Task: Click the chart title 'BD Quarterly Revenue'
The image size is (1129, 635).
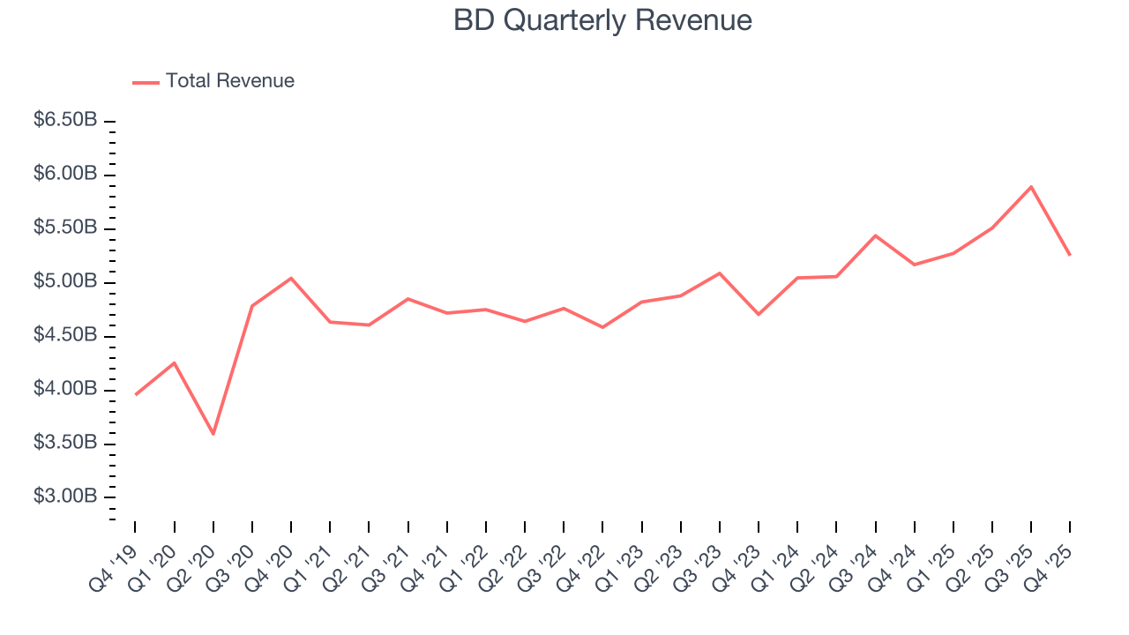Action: pyautogui.click(x=602, y=20)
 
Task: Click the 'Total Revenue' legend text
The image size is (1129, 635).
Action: pyautogui.click(x=229, y=81)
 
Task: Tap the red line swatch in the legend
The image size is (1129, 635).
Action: pyautogui.click(x=146, y=82)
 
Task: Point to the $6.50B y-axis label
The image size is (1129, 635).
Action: pyautogui.click(x=65, y=120)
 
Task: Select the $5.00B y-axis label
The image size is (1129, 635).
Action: pyautogui.click(x=65, y=281)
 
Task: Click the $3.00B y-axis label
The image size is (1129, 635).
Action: pyautogui.click(x=65, y=497)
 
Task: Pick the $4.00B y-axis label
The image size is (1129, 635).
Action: pyautogui.click(x=65, y=389)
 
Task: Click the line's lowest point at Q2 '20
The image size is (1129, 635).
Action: pyautogui.click(x=213, y=434)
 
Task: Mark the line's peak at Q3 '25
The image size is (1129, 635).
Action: pyautogui.click(x=1031, y=186)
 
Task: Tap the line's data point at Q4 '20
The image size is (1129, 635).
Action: pyautogui.click(x=291, y=278)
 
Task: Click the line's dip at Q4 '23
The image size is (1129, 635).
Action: pyautogui.click(x=759, y=314)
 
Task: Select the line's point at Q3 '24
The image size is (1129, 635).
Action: pyautogui.click(x=875, y=235)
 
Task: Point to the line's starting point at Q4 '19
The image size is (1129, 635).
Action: pyautogui.click(x=135, y=394)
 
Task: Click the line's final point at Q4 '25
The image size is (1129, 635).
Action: pyautogui.click(x=1070, y=255)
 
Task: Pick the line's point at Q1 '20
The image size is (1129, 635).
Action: pyautogui.click(x=175, y=362)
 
